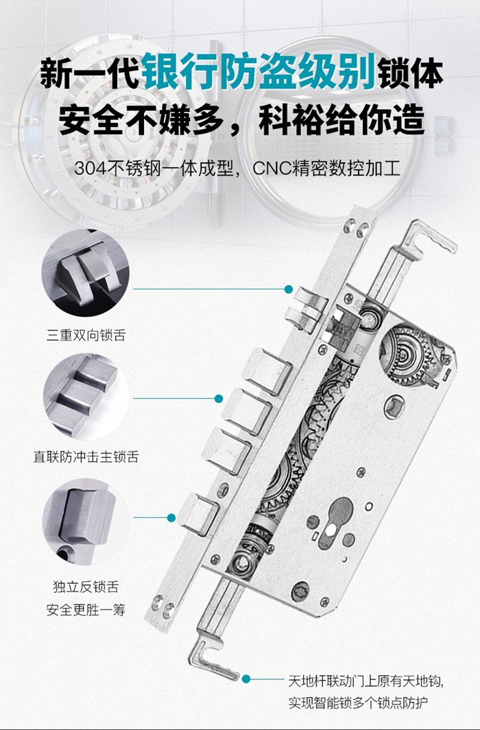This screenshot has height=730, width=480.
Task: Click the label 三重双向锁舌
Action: click(x=86, y=335)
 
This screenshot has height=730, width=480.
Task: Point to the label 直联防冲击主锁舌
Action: click(x=86, y=456)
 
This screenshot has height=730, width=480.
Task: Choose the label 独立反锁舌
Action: click(x=86, y=587)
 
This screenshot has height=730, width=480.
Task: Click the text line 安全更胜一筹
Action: click(x=86, y=609)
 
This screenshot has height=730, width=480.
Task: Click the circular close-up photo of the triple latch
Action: click(x=85, y=273)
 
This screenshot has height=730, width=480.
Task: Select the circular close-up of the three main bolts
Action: click(x=85, y=396)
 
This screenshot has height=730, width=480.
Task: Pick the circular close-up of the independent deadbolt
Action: click(x=85, y=522)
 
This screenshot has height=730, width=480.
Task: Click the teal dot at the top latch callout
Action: click(x=289, y=289)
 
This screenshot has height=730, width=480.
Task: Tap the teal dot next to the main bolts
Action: click(x=219, y=399)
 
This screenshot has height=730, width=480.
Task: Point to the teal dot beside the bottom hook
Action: click(x=246, y=679)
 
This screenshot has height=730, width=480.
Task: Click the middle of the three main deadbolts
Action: click(x=247, y=412)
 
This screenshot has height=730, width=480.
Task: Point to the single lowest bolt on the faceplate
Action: click(x=199, y=514)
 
